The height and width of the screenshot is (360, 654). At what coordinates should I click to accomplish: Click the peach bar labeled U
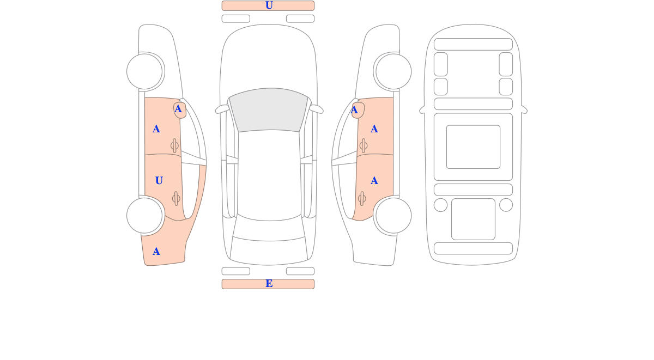268,5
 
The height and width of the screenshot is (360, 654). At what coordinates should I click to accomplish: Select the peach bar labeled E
268,284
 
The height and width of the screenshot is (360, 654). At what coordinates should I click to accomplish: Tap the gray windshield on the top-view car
269,109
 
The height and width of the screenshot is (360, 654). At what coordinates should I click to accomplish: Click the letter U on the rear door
159,181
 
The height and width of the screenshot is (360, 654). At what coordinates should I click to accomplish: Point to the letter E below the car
269,283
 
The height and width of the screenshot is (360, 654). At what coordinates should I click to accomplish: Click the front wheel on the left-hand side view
144,71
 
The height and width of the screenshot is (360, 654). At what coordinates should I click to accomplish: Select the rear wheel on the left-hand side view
144,216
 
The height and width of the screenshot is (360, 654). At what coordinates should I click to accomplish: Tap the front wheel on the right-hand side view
393,71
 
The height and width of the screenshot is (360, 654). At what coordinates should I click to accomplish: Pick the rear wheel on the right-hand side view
393,216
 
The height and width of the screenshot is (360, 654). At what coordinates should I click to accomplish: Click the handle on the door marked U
176,199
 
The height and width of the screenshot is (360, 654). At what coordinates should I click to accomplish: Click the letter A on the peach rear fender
156,251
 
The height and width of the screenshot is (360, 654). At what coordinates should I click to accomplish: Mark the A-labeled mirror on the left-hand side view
180,110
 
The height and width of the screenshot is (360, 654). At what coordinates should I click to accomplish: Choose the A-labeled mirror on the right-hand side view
358,110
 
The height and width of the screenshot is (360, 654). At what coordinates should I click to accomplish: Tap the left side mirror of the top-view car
222,109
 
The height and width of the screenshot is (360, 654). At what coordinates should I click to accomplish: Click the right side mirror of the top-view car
316,109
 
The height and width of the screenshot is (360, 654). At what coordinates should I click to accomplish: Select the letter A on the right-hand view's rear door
374,181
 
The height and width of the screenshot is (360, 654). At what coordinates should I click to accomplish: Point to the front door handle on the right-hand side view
364,145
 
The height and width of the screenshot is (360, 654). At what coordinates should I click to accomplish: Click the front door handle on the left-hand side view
174,145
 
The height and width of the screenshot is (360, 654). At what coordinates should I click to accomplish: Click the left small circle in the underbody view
440,205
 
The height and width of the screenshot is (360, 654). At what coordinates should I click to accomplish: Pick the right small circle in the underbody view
506,205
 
